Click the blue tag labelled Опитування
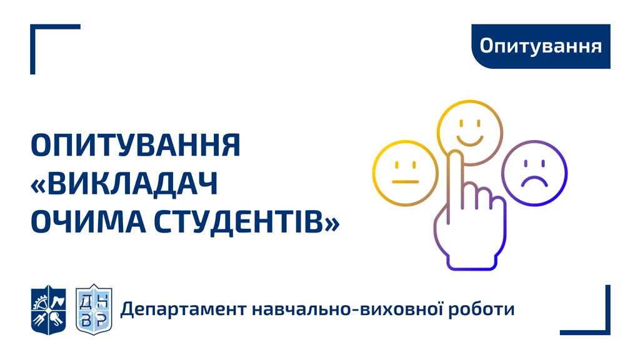click(x=541, y=46)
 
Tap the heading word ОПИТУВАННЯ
click(x=136, y=145)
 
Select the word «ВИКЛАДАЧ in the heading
click(x=124, y=184)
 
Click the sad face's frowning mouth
click(x=535, y=178)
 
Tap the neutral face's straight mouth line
click(x=405, y=182)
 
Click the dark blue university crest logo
click(x=49, y=310)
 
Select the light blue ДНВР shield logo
click(x=94, y=310)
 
